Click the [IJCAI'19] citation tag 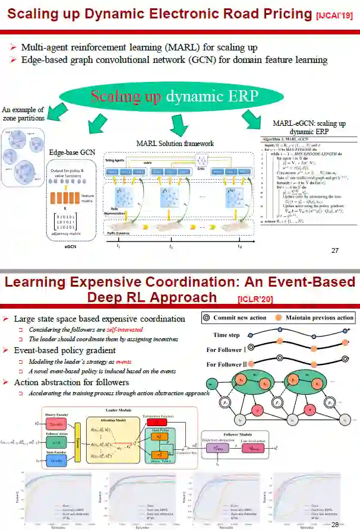[327, 16]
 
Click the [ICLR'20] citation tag [255, 299]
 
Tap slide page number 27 [335, 250]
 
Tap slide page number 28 [334, 524]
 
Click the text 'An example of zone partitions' [23, 113]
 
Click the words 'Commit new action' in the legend [241, 318]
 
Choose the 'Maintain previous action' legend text [320, 318]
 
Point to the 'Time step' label [226, 335]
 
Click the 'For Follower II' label [226, 364]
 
